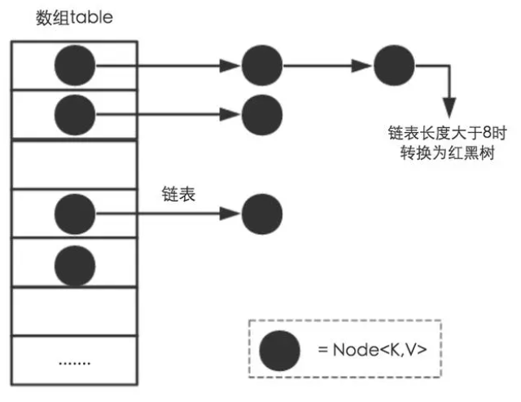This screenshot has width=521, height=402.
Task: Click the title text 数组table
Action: click(x=74, y=18)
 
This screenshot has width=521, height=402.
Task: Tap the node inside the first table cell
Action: click(x=75, y=65)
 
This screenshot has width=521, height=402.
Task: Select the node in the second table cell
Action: click(x=75, y=115)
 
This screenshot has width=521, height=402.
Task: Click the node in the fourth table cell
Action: click(x=75, y=214)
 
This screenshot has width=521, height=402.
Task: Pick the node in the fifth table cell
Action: click(x=75, y=266)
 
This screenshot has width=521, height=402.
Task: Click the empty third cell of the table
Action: click(x=74, y=165)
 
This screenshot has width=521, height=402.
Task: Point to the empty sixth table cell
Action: click(x=74, y=311)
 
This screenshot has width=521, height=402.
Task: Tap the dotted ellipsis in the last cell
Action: click(x=74, y=363)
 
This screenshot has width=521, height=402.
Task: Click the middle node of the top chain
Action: click(x=262, y=65)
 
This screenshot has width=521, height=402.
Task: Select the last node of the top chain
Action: click(x=394, y=65)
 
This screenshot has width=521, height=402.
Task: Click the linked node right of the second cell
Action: click(x=262, y=115)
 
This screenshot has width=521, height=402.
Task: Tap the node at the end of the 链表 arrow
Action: click(x=262, y=214)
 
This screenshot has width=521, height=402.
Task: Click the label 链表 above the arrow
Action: click(x=178, y=194)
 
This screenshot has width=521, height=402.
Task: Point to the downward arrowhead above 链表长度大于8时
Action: click(x=449, y=108)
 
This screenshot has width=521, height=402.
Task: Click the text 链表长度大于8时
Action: click(x=447, y=133)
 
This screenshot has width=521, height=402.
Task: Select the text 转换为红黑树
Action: click(x=447, y=153)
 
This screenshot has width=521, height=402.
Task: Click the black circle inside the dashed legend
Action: click(x=279, y=351)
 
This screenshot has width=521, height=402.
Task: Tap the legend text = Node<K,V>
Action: click(x=373, y=350)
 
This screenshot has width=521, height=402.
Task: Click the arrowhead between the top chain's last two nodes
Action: click(x=361, y=65)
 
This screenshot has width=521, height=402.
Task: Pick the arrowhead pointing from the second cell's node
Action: click(x=230, y=114)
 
